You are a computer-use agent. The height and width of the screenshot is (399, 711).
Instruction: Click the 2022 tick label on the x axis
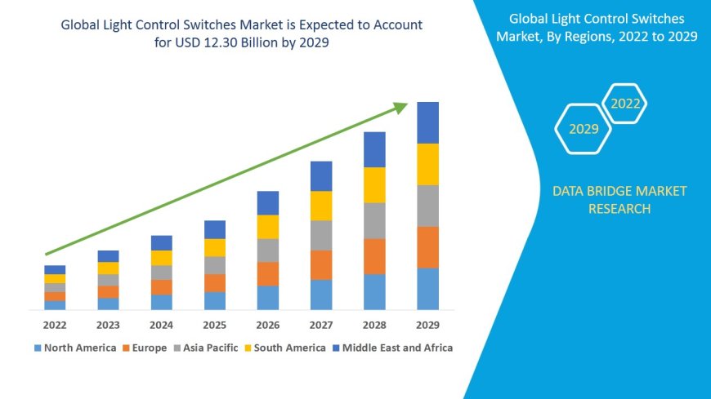pos(55,324)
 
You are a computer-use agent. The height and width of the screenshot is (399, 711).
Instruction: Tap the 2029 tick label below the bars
pos(427,324)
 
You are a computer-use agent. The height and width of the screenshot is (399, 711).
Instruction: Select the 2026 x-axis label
pos(268,324)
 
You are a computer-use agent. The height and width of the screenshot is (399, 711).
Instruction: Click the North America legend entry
pos(74,348)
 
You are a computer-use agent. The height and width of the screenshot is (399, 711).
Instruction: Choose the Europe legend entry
pos(145,348)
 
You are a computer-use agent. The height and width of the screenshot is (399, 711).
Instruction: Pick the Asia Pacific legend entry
pos(205,348)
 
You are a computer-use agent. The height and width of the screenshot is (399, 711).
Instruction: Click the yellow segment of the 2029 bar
pos(427,164)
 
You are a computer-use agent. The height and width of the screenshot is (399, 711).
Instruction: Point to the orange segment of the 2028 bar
pos(374,256)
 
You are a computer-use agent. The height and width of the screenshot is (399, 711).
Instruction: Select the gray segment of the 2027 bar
pos(321,235)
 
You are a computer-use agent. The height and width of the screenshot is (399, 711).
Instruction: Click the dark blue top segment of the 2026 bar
pos(268,203)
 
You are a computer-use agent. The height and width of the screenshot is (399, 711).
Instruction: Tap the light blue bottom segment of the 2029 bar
pos(427,289)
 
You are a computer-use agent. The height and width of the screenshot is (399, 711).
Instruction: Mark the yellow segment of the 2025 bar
pos(215,247)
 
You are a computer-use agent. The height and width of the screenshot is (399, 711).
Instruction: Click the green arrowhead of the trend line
pos(400,107)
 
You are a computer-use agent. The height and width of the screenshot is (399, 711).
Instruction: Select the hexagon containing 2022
pos(625,104)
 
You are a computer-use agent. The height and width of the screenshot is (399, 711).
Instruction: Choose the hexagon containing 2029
pos(584,129)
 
